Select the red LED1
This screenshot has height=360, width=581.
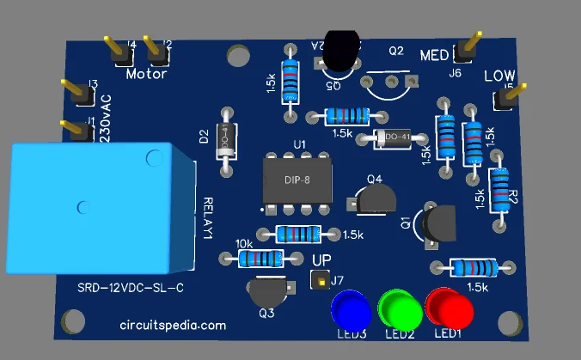point(450,307)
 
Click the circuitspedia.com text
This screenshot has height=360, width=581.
point(173,326)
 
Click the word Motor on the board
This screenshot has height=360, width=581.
point(146,74)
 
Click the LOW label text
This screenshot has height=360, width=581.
point(499,77)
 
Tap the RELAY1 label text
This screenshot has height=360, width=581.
point(210,218)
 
